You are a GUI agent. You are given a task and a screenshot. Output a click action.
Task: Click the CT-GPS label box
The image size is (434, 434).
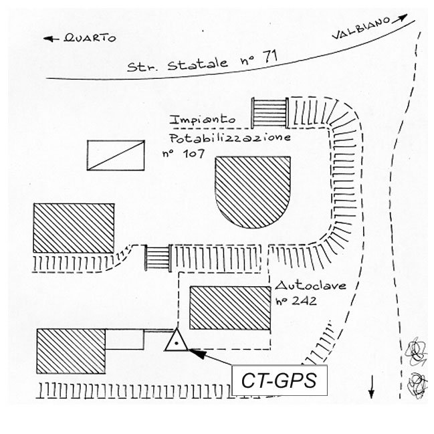(279, 381)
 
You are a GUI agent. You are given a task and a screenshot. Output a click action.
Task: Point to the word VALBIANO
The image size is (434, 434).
(360, 30)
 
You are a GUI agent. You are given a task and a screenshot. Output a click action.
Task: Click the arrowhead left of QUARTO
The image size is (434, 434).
(48, 39)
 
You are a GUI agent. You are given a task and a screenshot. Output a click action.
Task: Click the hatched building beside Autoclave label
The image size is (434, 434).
(230, 308)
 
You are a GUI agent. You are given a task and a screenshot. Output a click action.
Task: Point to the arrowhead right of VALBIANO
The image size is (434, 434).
(403, 18)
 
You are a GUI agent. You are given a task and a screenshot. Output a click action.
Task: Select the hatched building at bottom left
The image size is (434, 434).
(72, 350)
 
